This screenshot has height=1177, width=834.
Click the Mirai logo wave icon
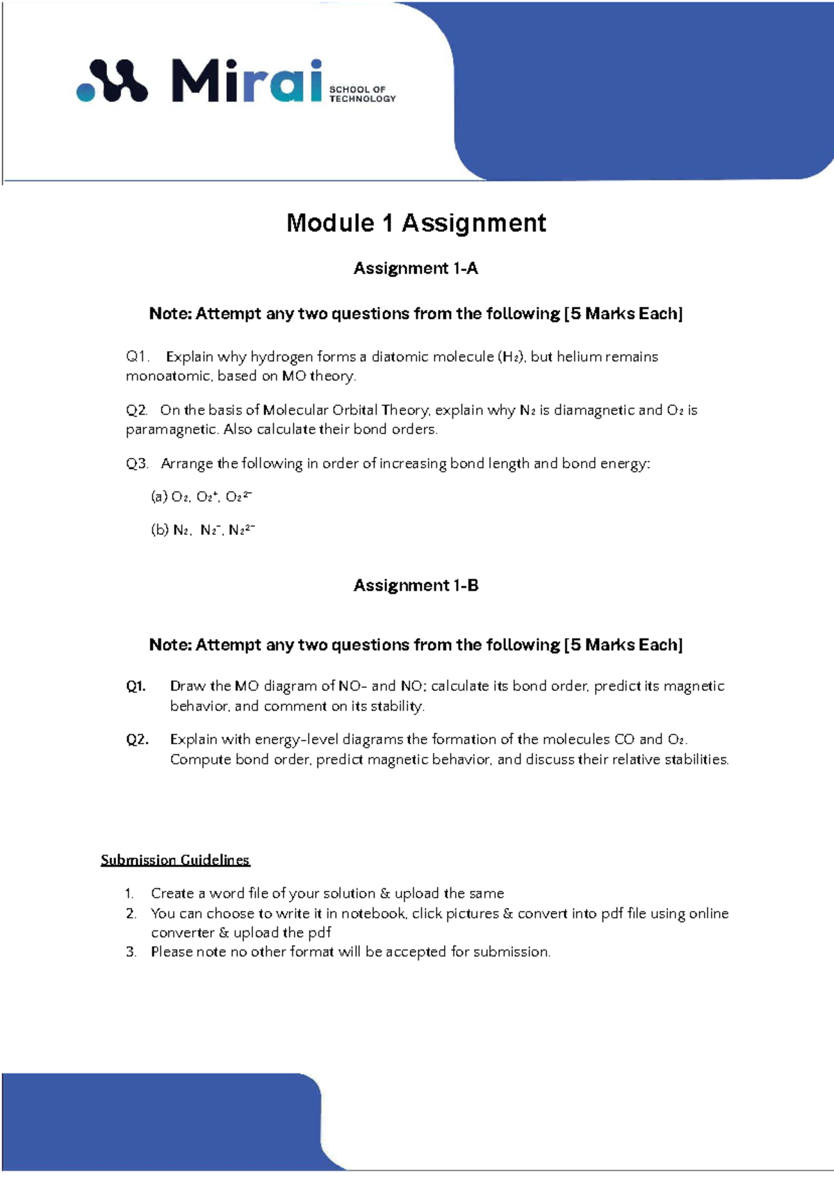113,81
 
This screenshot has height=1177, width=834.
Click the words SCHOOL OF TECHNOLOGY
362,94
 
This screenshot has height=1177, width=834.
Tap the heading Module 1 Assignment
416,223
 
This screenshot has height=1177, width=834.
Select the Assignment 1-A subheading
416,268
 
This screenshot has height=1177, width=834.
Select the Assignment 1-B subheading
416,585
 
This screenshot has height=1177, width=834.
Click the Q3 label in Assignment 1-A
137,463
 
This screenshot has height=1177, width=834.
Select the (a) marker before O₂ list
159,496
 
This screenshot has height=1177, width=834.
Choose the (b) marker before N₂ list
159,529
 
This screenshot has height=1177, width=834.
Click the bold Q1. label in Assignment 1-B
136,686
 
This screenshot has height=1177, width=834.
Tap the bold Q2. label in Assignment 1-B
137,739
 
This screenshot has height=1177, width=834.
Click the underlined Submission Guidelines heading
175,860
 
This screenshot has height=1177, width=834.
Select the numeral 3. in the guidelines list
131,952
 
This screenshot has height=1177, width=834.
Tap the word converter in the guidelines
183,932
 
